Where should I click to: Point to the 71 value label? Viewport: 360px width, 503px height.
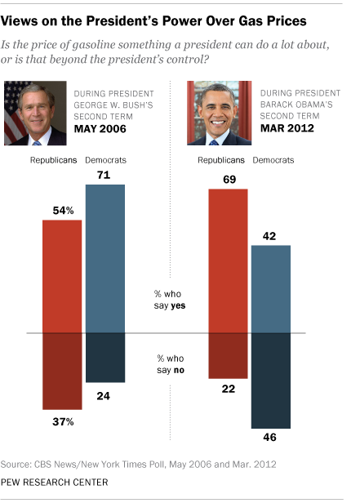click(106, 175)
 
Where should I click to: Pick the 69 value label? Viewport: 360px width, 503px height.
click(230, 178)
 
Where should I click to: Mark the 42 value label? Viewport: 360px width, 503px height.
click(269, 235)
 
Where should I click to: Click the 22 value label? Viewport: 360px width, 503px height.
click(230, 389)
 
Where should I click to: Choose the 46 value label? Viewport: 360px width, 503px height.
click(269, 438)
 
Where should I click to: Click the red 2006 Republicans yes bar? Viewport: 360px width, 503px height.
click(64, 277)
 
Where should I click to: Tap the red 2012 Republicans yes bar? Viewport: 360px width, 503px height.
click(230, 261)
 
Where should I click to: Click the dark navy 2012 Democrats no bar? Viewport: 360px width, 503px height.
click(269, 381)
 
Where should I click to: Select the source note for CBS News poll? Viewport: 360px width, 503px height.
click(140, 464)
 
